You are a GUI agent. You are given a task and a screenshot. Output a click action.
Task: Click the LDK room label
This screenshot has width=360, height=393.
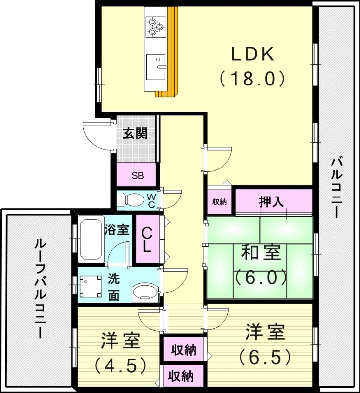pos(252,55)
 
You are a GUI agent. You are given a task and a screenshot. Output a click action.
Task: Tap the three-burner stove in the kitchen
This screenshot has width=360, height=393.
pos(156,26)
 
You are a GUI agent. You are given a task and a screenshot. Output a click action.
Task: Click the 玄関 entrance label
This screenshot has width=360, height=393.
pos(135,133)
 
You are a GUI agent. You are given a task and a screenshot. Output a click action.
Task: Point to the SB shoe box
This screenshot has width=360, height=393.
pos(138,176)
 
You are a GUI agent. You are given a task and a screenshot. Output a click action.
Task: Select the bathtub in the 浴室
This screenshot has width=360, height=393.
pos(91,239)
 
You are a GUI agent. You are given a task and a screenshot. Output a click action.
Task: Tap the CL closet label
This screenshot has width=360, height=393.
pos(147,239)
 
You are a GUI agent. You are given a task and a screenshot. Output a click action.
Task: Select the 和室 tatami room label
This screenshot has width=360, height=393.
pos(261,253)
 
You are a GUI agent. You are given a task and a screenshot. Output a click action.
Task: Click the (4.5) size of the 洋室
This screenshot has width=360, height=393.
pos(120,365)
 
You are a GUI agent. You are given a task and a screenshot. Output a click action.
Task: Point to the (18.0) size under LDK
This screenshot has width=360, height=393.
pos(252,78)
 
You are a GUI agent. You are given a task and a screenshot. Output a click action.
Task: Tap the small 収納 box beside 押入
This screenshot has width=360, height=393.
pos(220,202)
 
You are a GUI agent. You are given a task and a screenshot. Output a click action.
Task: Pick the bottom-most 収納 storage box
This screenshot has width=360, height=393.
pos(182,377)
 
